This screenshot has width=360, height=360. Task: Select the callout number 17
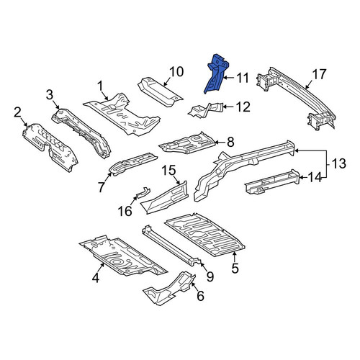coord(319,74)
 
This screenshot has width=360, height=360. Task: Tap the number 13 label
coord(338,163)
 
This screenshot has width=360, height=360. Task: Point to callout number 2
coord(17,112)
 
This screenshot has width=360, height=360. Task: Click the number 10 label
coord(176,72)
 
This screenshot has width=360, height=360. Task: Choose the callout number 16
coord(125,211)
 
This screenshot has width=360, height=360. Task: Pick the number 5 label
coord(235,268)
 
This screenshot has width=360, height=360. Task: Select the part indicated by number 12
coord(207,110)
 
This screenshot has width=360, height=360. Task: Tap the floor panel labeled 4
coord(122,257)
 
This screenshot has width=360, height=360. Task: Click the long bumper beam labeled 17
coord(297,99)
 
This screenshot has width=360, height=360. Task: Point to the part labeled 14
coord(272,181)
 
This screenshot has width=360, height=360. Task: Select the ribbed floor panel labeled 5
coord(205,235)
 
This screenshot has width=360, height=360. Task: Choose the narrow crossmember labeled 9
coord(171,246)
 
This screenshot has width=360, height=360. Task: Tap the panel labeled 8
coord(187,143)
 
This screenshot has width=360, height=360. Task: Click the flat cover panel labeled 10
coord(161,92)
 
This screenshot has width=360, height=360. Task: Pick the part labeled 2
coord(50,148)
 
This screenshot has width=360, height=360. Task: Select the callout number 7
coord(101,186)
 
